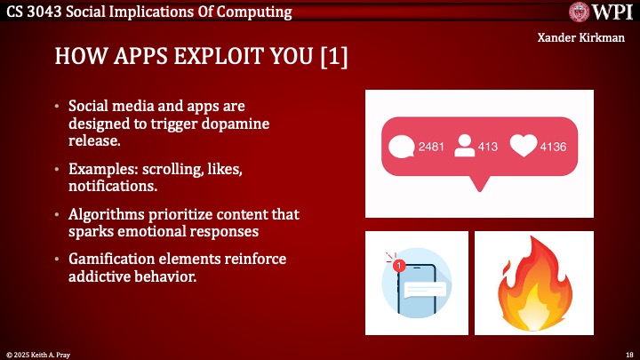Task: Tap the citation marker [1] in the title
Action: point(331,57)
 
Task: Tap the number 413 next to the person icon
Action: point(488,148)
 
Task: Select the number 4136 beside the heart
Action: point(553,148)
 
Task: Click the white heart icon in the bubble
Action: point(524,147)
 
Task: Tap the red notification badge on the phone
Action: point(398,264)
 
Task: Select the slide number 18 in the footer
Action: point(628,354)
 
